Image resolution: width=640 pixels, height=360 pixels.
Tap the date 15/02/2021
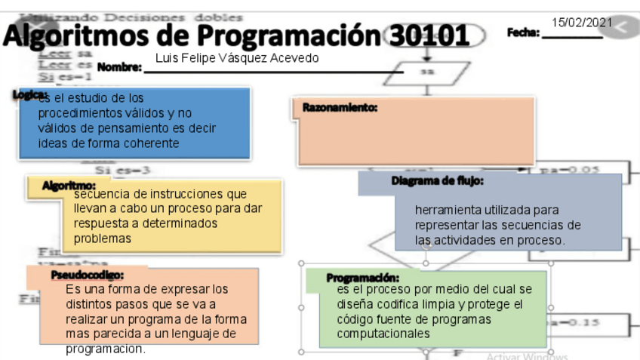(582, 23)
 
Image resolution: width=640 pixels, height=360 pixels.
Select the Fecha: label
(523, 33)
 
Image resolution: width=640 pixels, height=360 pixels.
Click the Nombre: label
(120, 68)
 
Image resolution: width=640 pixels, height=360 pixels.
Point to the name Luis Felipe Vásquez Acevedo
(236, 58)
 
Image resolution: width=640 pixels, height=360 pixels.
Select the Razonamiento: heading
(340, 108)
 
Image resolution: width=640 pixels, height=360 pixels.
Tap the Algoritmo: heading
(69, 185)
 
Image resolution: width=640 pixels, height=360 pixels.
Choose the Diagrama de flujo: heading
(438, 181)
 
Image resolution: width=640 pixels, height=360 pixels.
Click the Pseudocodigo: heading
(88, 275)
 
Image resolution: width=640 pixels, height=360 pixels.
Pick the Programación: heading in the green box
(362, 278)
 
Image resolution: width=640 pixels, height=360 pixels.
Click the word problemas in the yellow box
(103, 238)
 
